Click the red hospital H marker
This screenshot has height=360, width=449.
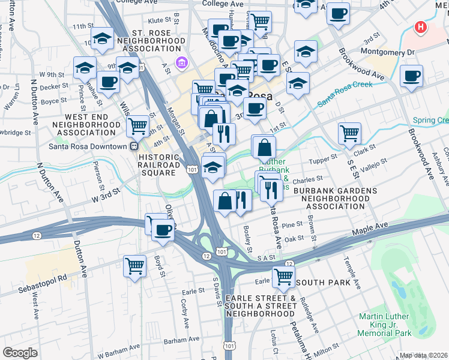click(421, 28)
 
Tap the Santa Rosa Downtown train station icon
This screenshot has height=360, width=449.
click(134, 146)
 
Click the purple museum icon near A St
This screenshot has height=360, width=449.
click(180, 62)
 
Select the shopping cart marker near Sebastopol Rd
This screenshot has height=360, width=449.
click(135, 265)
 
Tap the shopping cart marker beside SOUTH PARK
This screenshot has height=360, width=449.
click(283, 277)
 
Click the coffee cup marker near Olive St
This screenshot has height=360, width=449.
click(162, 230)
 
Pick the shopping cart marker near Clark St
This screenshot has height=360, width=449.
click(349, 133)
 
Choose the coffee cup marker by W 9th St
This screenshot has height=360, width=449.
click(108, 82)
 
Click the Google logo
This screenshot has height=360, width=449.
click(20, 353)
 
